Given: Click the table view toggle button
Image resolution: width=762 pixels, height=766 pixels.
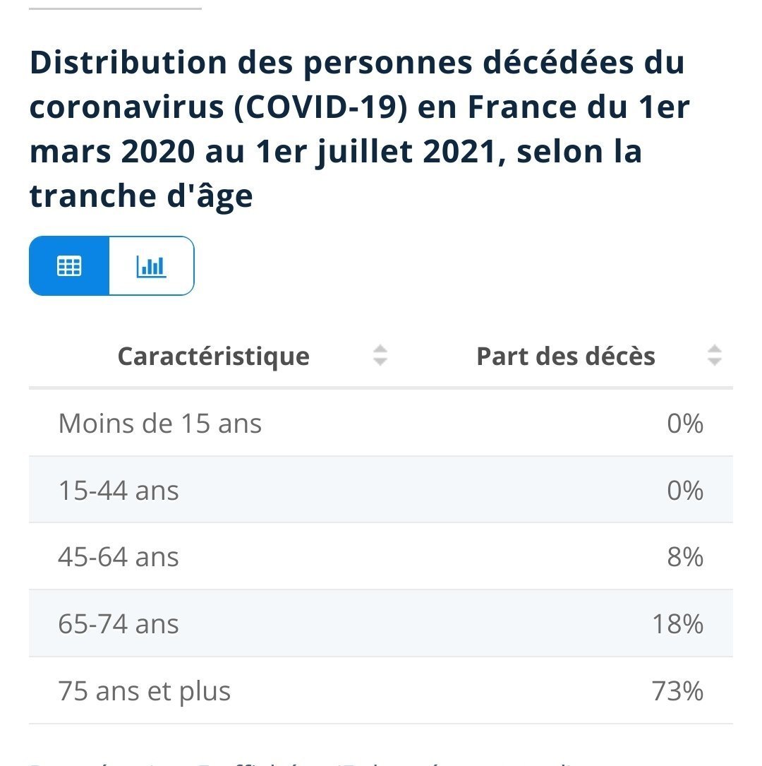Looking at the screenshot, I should tap(69, 266).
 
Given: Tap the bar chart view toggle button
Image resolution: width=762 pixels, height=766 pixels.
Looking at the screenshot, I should tap(151, 266).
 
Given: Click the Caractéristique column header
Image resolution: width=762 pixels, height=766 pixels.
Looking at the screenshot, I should tap(213, 357).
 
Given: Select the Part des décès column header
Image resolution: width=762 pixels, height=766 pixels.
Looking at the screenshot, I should tap(566, 357).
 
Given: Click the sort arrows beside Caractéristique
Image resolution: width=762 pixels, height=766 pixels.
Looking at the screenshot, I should tap(380, 355).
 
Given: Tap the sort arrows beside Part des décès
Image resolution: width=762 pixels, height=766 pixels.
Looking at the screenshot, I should tap(715, 355).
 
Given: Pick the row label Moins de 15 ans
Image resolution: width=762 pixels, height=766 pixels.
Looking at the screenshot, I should tap(160, 424).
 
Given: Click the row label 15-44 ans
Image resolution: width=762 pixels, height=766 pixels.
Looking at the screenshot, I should tap(119, 491).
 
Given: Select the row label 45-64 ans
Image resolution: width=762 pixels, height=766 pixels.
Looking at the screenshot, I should tap(119, 558).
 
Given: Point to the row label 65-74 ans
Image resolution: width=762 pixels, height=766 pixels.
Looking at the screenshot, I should tap(119, 625).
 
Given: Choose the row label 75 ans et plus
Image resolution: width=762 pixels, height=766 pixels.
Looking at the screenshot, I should tap(145, 691).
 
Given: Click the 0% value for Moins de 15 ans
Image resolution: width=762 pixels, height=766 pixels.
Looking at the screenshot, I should tap(685, 424).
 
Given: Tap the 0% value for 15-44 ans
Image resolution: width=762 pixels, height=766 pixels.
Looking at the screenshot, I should tap(685, 491).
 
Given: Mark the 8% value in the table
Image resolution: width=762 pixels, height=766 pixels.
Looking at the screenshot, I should tap(685, 558).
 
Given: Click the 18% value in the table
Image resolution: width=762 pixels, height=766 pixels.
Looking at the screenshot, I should tap(678, 625).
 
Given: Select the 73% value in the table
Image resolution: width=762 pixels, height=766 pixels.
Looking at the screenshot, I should tap(678, 691).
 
